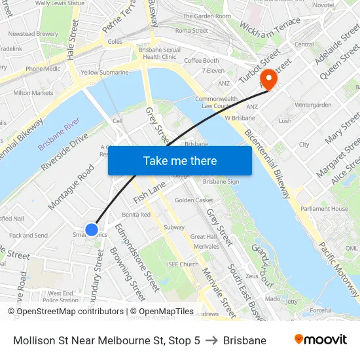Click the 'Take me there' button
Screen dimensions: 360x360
[179, 160]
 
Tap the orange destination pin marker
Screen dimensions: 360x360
[268, 79]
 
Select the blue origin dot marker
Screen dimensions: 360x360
[92, 229]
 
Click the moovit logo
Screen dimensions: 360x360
[320, 340]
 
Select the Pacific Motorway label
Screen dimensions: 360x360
[339, 268]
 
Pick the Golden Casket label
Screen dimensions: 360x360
[194, 200]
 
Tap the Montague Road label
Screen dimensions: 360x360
[71, 186]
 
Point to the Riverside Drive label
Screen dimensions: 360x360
[64, 153]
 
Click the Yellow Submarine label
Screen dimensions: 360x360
[105, 73]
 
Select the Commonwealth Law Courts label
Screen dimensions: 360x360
[216, 102]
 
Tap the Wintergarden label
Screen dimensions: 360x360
[314, 105]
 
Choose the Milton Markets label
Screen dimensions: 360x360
[33, 93]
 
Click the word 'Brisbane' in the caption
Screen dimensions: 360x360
[244, 340]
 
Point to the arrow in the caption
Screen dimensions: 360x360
[211, 340]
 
